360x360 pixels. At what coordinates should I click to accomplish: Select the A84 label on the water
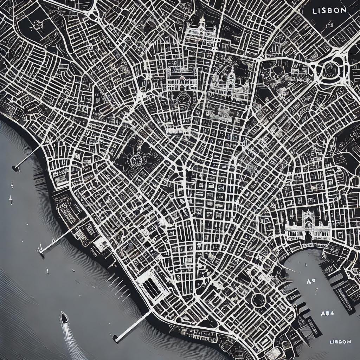coord(327,313)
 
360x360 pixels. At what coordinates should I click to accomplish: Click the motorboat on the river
coord(64,318)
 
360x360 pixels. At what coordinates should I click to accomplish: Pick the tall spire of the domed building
coord(202,21)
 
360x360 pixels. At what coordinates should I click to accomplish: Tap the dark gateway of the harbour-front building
coord(308,238)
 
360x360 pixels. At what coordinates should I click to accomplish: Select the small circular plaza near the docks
coord(258,300)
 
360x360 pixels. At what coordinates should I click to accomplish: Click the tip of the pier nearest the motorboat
coord(115,338)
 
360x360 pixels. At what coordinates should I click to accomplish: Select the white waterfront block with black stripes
coord(152,287)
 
